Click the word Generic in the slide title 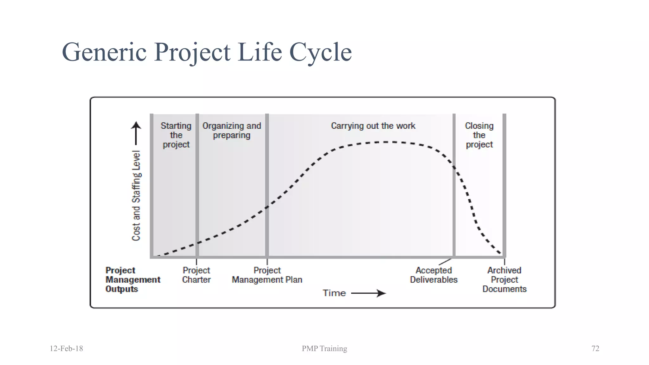(x=104, y=52)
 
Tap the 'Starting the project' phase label (x=176, y=135)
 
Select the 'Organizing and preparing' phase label (x=232, y=130)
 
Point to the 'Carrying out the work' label (x=373, y=126)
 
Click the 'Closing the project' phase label (x=479, y=135)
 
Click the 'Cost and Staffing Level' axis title (x=136, y=195)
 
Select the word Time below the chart (x=334, y=293)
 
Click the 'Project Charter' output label (x=196, y=275)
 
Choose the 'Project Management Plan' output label (x=267, y=275)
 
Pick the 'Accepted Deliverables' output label (x=434, y=275)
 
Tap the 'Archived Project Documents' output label (x=504, y=279)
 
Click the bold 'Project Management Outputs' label (x=133, y=279)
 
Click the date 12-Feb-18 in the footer (x=66, y=349)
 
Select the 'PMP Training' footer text (x=324, y=349)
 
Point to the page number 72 (x=595, y=349)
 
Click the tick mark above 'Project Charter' (x=196, y=262)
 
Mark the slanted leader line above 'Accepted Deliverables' (x=445, y=262)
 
